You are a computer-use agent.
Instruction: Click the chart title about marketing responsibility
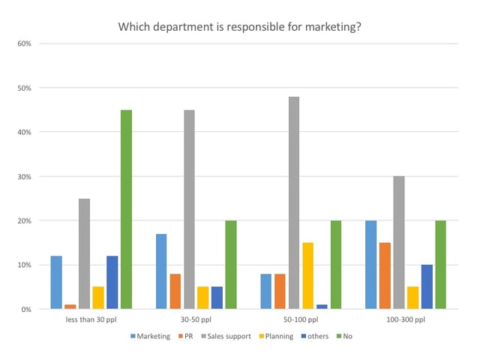tap(240, 27)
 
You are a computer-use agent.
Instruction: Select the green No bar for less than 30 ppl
tap(126, 210)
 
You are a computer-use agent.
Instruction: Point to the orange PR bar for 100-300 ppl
tap(385, 276)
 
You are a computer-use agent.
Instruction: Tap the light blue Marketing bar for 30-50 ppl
tap(161, 271)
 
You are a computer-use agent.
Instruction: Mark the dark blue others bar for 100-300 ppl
tap(427, 287)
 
